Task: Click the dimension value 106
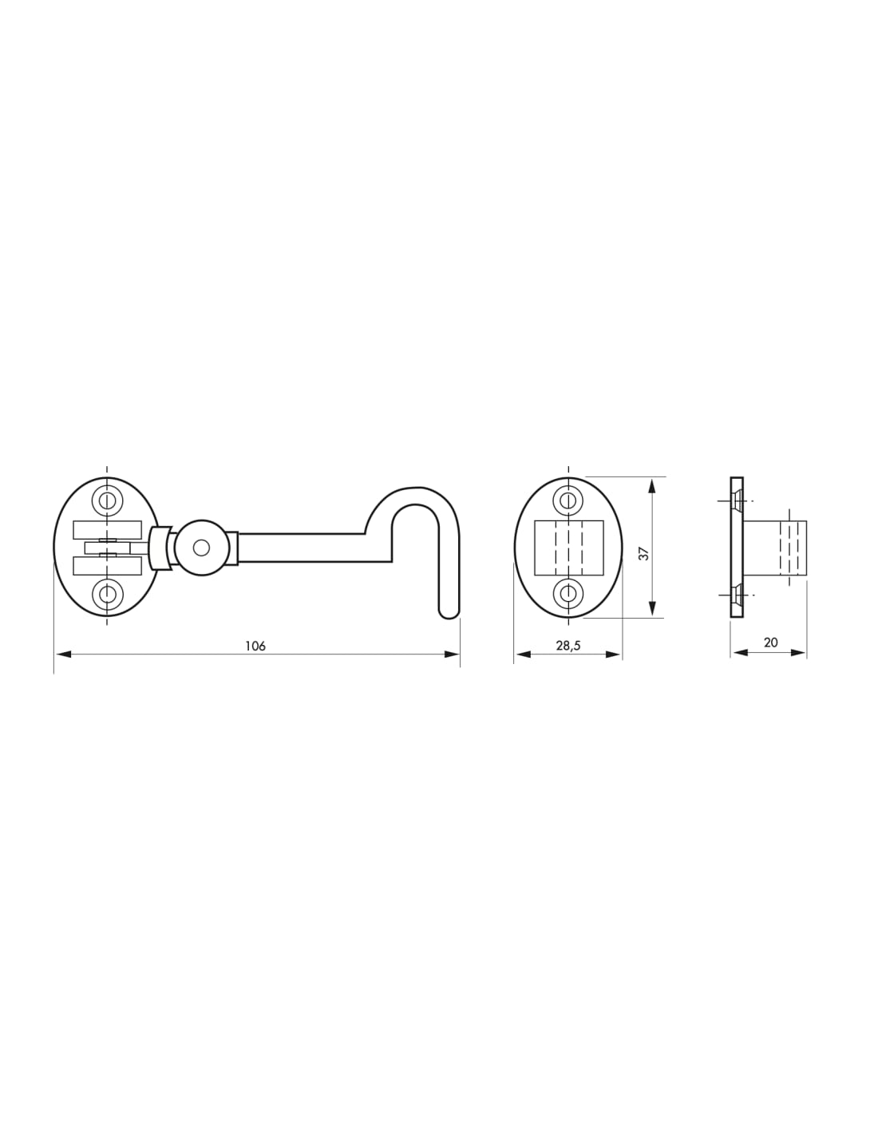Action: tap(255, 646)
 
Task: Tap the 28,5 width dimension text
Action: tap(568, 646)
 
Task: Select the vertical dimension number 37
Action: tap(645, 554)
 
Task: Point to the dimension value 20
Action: tap(771, 643)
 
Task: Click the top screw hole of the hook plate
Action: tap(107, 500)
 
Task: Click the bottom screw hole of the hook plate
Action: tap(107, 594)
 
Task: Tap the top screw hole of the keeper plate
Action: tap(568, 500)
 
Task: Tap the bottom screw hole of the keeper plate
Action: tap(568, 594)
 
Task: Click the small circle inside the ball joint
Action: tap(201, 548)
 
